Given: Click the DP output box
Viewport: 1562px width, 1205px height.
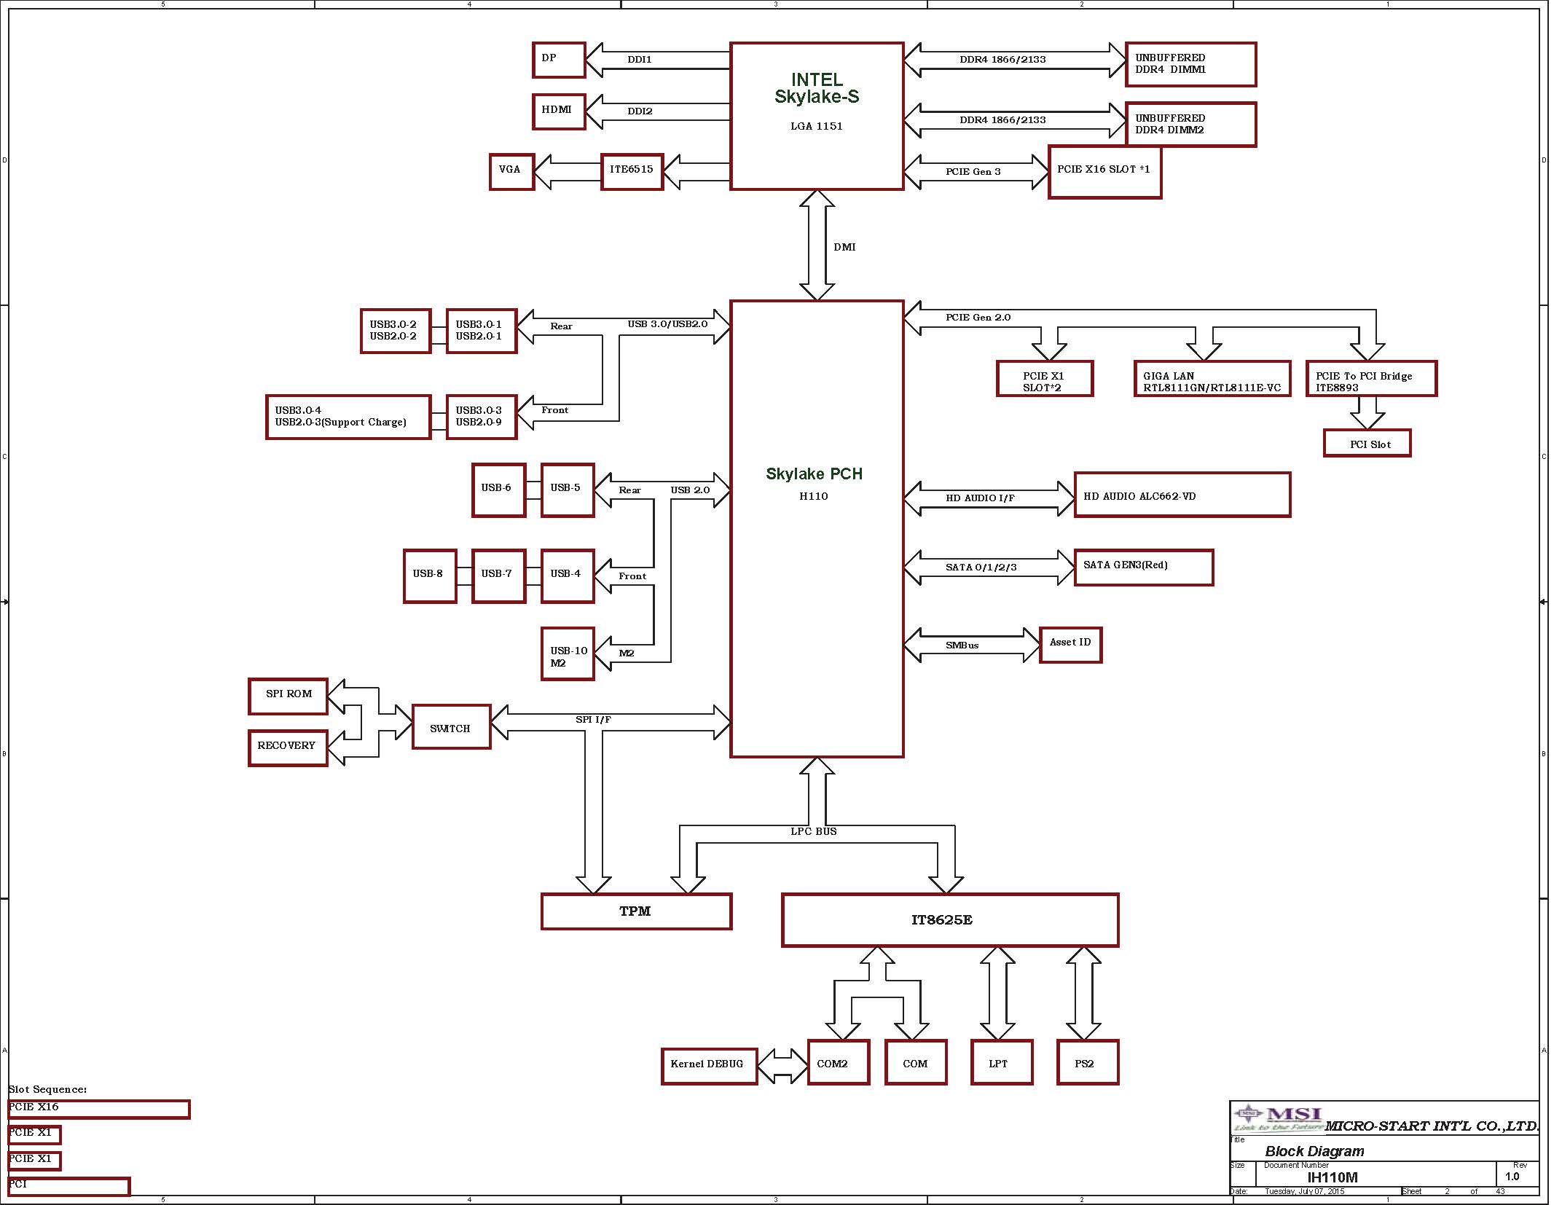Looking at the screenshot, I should point(559,60).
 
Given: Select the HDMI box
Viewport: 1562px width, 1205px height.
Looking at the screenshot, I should point(559,111).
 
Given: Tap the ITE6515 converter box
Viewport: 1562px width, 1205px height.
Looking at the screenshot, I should point(632,171).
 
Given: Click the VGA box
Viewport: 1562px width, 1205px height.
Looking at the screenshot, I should point(511,171).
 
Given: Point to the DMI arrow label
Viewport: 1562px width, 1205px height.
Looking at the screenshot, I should point(844,247).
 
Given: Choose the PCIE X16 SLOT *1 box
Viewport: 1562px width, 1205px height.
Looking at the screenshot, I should point(1104,172).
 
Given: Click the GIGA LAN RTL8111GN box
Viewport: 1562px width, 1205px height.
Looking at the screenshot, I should point(1212,379).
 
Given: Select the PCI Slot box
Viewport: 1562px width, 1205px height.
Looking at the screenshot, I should point(1367,443).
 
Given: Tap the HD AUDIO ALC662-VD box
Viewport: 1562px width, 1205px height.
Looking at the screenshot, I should point(1182,495).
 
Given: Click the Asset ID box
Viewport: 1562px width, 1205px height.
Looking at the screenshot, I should point(1070,645).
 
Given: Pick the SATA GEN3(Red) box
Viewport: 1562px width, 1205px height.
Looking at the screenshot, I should point(1143,567).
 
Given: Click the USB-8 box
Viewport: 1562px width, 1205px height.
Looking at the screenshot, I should point(430,576).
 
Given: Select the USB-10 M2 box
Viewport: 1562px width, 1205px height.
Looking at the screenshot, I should point(568,653).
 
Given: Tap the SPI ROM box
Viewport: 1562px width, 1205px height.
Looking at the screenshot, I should point(288,696).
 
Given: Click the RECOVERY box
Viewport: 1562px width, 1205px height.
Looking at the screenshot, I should point(288,747).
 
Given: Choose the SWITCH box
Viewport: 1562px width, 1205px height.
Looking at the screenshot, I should point(451,726).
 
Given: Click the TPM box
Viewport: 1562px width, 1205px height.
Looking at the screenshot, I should point(636,911).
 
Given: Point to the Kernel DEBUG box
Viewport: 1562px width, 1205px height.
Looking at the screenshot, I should point(709,1066).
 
